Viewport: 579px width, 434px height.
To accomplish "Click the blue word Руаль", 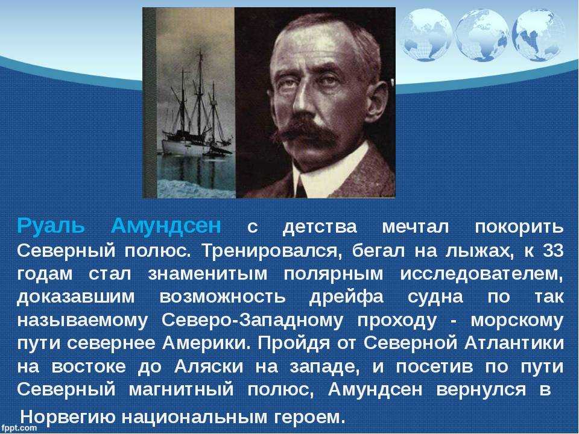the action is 51,227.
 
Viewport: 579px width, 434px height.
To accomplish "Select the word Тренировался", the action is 270,251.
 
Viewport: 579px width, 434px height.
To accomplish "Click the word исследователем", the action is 482,274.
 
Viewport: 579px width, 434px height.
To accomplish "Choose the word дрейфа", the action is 346,297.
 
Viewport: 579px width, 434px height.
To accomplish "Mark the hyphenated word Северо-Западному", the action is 252,321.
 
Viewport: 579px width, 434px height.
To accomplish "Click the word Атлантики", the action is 514,344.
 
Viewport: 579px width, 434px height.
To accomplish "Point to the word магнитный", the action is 182,390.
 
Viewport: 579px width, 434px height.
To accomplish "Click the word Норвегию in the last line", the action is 68,417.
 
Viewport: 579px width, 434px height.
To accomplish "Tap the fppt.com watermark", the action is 19,428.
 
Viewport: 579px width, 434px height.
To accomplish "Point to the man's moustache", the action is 306,133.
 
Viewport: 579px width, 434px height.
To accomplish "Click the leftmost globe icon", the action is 426,35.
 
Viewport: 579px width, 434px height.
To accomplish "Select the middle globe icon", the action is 481,35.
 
